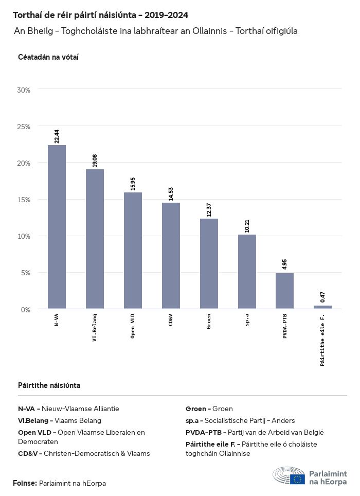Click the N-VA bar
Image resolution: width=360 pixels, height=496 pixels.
57,227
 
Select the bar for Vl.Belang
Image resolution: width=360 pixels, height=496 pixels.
95,239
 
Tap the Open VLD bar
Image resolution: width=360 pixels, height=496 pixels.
133,251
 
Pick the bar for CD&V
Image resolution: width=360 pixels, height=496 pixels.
171,256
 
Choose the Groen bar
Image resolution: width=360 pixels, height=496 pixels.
209,263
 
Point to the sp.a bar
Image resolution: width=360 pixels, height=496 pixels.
247,272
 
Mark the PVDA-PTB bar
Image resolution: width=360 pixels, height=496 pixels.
284,291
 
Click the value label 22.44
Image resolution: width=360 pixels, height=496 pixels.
57,136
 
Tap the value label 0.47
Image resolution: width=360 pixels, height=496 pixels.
323,297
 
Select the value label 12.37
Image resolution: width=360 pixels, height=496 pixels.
209,210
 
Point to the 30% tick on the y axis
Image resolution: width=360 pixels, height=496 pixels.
24,90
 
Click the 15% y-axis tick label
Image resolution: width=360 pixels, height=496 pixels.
24,200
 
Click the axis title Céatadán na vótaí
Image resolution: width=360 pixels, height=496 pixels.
48,57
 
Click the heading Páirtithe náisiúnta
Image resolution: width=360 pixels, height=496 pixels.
49,385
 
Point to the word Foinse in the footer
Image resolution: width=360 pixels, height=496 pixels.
25,483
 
